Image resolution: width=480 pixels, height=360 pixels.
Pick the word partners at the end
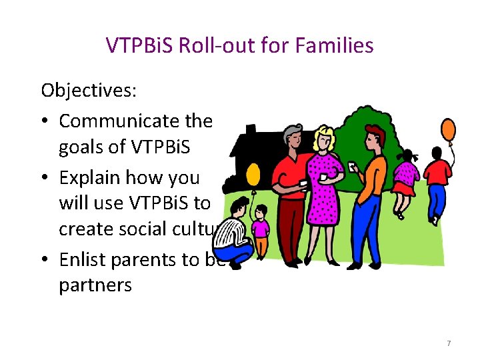tap(95, 285)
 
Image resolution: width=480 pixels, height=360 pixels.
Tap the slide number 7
tap(449, 343)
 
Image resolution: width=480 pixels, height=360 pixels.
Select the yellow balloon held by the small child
tap(253, 175)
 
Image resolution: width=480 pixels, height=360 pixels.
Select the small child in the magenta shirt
tap(261, 230)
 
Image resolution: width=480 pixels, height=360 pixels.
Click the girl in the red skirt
tap(405, 177)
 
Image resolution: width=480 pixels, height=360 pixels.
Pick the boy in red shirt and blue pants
tap(437, 180)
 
